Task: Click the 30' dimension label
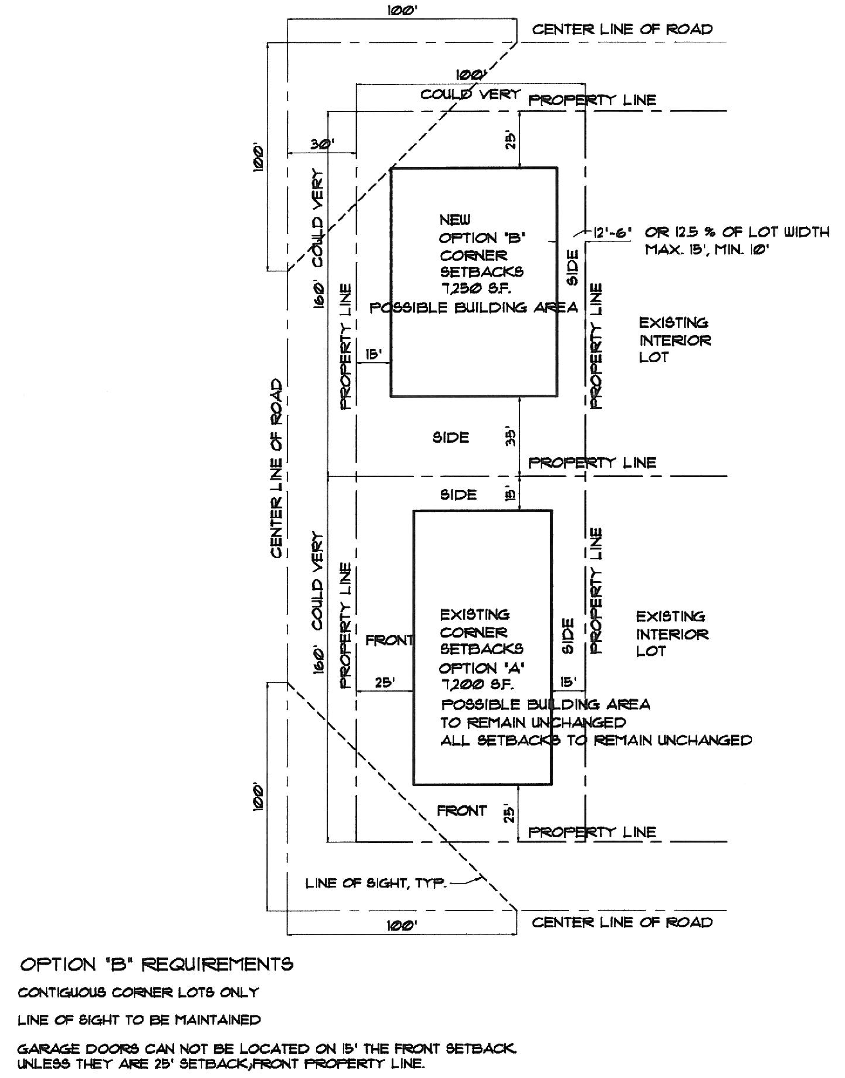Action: [x=322, y=144]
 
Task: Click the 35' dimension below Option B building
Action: [x=511, y=437]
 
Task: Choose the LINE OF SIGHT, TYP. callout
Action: [x=376, y=884]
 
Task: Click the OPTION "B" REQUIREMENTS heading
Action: [x=156, y=964]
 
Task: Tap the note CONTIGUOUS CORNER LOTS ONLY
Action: [x=138, y=993]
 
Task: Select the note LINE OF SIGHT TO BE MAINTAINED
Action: [x=139, y=1020]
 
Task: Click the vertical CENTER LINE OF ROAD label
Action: [x=277, y=468]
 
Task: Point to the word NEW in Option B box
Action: [x=455, y=220]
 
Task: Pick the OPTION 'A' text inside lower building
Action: [x=481, y=668]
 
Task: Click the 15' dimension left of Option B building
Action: [x=374, y=354]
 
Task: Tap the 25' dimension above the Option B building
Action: [x=511, y=140]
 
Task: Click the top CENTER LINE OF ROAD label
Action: [x=622, y=29]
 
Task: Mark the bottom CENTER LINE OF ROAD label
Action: [x=622, y=922]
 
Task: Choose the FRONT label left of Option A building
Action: [x=389, y=641]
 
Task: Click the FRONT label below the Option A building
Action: [x=461, y=811]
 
